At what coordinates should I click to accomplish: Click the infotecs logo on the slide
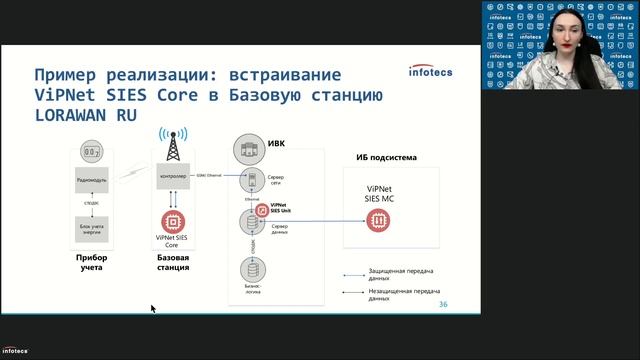point(433,70)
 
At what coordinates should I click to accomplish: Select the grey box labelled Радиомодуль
point(90,181)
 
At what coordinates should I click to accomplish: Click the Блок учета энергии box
point(90,231)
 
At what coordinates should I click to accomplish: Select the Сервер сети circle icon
point(251,180)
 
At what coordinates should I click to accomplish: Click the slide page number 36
point(443,304)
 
